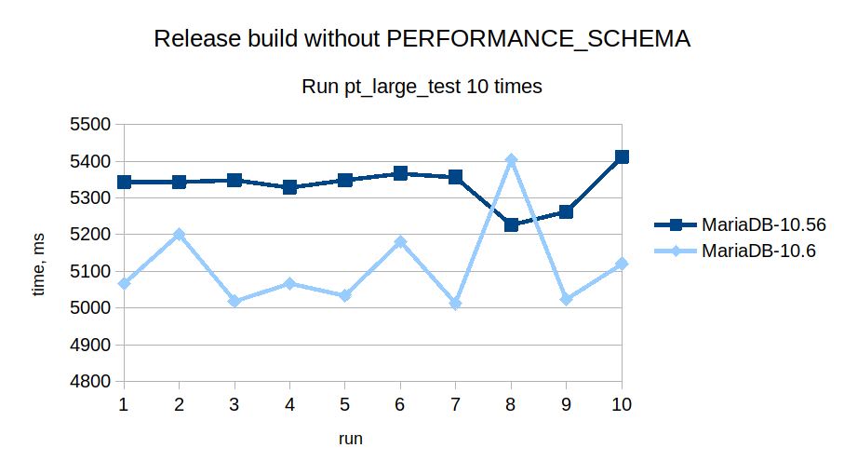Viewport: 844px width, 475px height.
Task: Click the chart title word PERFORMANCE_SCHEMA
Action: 538,39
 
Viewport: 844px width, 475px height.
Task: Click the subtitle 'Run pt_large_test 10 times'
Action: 422,87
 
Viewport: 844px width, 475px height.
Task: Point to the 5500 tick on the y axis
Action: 91,125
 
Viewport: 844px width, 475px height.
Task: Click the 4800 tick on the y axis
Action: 91,382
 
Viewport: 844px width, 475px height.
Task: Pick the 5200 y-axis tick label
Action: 91,235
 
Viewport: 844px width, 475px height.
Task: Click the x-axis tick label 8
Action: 511,404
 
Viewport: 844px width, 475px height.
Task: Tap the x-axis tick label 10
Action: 622,404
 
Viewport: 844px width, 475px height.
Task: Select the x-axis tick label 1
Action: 124,404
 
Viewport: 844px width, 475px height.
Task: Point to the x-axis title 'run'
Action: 350,438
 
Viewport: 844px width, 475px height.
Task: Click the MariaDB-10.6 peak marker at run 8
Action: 511,160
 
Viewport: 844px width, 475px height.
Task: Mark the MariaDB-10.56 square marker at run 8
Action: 511,224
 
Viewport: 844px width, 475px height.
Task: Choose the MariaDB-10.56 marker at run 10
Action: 622,156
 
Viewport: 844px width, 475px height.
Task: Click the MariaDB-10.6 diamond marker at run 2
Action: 179,235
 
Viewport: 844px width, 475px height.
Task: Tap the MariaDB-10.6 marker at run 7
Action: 455,304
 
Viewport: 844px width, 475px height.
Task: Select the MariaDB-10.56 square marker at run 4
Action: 289,187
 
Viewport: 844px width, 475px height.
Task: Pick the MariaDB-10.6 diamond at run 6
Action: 400,242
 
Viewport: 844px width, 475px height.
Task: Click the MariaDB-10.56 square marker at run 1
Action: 124,182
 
